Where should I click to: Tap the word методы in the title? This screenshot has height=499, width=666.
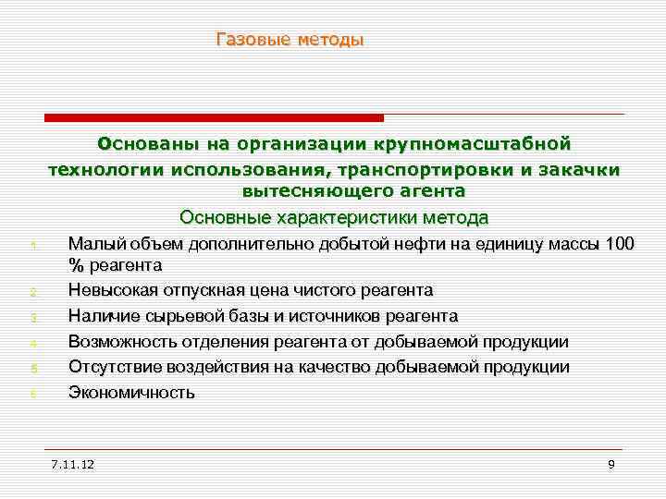[330, 40]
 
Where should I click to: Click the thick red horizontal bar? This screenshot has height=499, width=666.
[214, 117]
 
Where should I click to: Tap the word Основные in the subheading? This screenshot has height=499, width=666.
[220, 218]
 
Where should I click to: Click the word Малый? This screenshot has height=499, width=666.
[92, 244]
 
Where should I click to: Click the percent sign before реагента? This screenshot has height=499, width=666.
[75, 265]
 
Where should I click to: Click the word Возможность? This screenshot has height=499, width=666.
[121, 342]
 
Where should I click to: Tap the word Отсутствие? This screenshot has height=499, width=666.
[115, 367]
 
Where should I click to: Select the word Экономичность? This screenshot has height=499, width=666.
[131, 393]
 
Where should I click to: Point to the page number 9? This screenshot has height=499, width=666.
[611, 462]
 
